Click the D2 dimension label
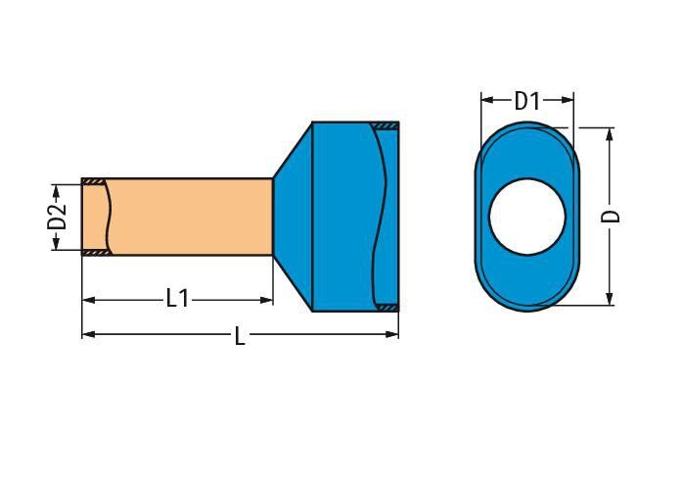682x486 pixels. click(57, 218)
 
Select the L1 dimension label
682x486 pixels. click(178, 299)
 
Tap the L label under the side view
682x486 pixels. click(240, 336)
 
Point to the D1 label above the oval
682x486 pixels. click(526, 101)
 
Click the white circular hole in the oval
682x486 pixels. click(527, 217)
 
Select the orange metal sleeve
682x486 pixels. click(177, 217)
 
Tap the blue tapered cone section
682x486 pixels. click(294, 217)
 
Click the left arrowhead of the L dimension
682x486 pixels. click(88, 334)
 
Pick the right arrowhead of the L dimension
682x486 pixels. click(392, 334)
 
